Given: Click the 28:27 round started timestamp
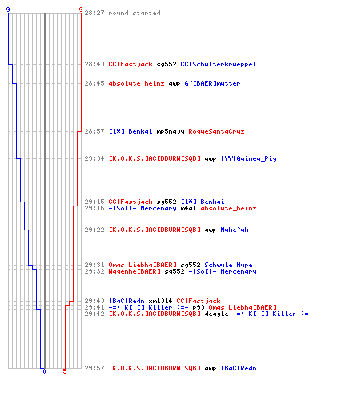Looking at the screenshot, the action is point(94,13).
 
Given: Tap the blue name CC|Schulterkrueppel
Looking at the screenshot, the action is point(218,64).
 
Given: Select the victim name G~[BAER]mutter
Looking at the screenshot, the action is point(212,83).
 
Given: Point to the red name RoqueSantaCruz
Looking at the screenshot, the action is point(216,131).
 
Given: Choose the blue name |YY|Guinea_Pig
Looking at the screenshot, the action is point(249,158).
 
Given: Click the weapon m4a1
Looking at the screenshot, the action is point(188,208).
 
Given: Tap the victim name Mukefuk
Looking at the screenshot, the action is point(234,230).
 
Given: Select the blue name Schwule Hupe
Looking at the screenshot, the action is point(228,265).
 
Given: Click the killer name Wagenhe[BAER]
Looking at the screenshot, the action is point(134,271).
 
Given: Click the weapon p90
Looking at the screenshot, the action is point(198,307).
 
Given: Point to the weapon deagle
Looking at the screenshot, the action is point(216,314).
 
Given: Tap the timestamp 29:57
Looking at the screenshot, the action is point(94,368).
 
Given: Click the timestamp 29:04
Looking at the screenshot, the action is point(94,158).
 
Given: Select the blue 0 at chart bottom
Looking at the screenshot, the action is point(44,371).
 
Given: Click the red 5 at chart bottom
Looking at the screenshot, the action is point(65,371).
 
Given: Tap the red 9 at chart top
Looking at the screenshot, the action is point(81,10).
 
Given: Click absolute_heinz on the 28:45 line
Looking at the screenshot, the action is point(136,83).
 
